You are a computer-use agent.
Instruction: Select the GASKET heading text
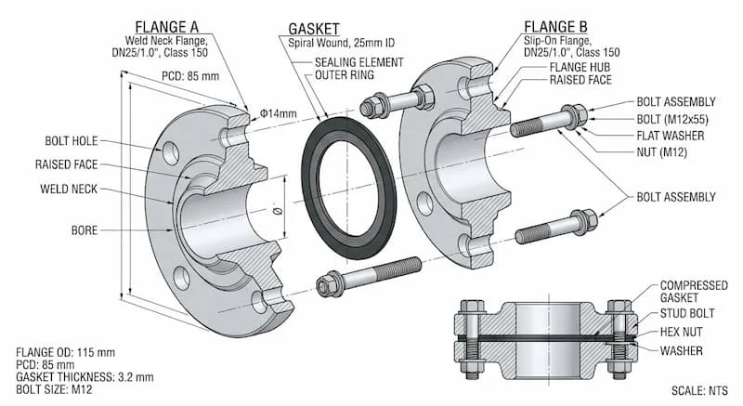point(312,29)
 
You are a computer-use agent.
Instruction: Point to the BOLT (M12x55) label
point(673,119)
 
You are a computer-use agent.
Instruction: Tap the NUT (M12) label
point(659,152)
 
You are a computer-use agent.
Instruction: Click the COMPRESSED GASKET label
point(692,293)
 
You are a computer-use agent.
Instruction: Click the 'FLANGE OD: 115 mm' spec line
point(68,353)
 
